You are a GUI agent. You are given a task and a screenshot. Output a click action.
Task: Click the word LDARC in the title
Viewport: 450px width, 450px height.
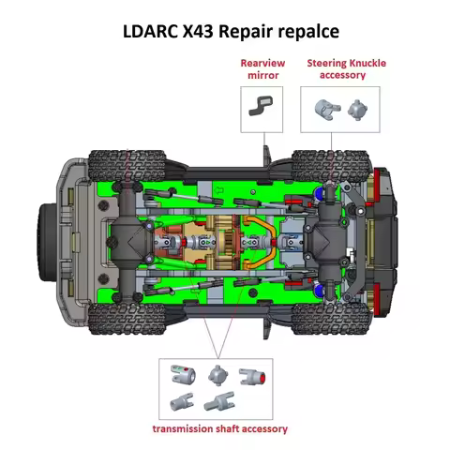[x=152, y=30]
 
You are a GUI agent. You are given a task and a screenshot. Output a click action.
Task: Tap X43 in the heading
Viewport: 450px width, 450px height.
[x=205, y=30]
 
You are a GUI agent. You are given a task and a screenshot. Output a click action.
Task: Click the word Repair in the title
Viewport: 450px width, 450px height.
[x=251, y=30]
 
